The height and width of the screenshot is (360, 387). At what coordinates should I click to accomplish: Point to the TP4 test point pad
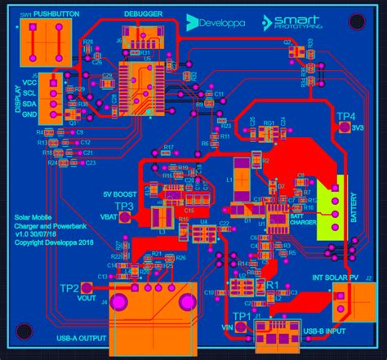pyautogui.click(x=345, y=129)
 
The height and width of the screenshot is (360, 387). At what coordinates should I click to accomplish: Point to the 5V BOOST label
pyautogui.click(x=118, y=193)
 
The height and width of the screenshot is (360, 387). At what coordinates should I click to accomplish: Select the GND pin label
pyautogui.click(x=30, y=113)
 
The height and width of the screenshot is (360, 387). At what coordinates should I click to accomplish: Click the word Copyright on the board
pyautogui.click(x=31, y=242)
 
